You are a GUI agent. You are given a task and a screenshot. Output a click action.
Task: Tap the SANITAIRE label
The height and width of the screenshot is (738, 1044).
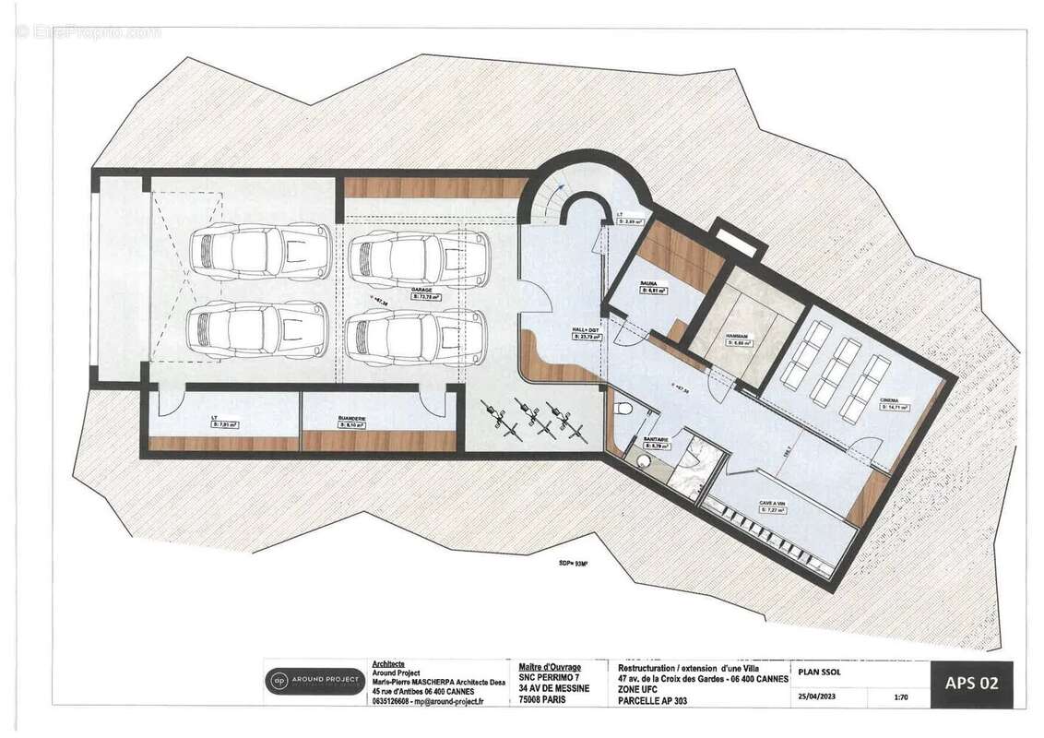tap(657, 439)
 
